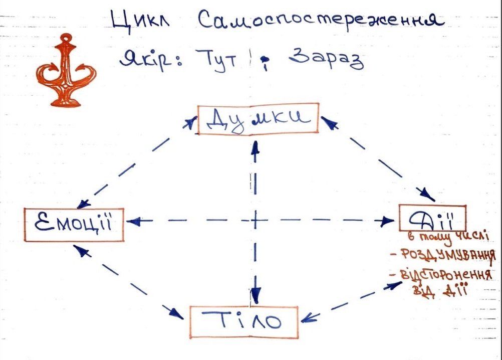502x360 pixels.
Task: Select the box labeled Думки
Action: [258, 119]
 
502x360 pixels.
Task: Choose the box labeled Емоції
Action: [74, 224]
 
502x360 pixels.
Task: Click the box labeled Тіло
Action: [244, 320]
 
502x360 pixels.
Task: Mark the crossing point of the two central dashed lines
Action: [255, 220]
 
